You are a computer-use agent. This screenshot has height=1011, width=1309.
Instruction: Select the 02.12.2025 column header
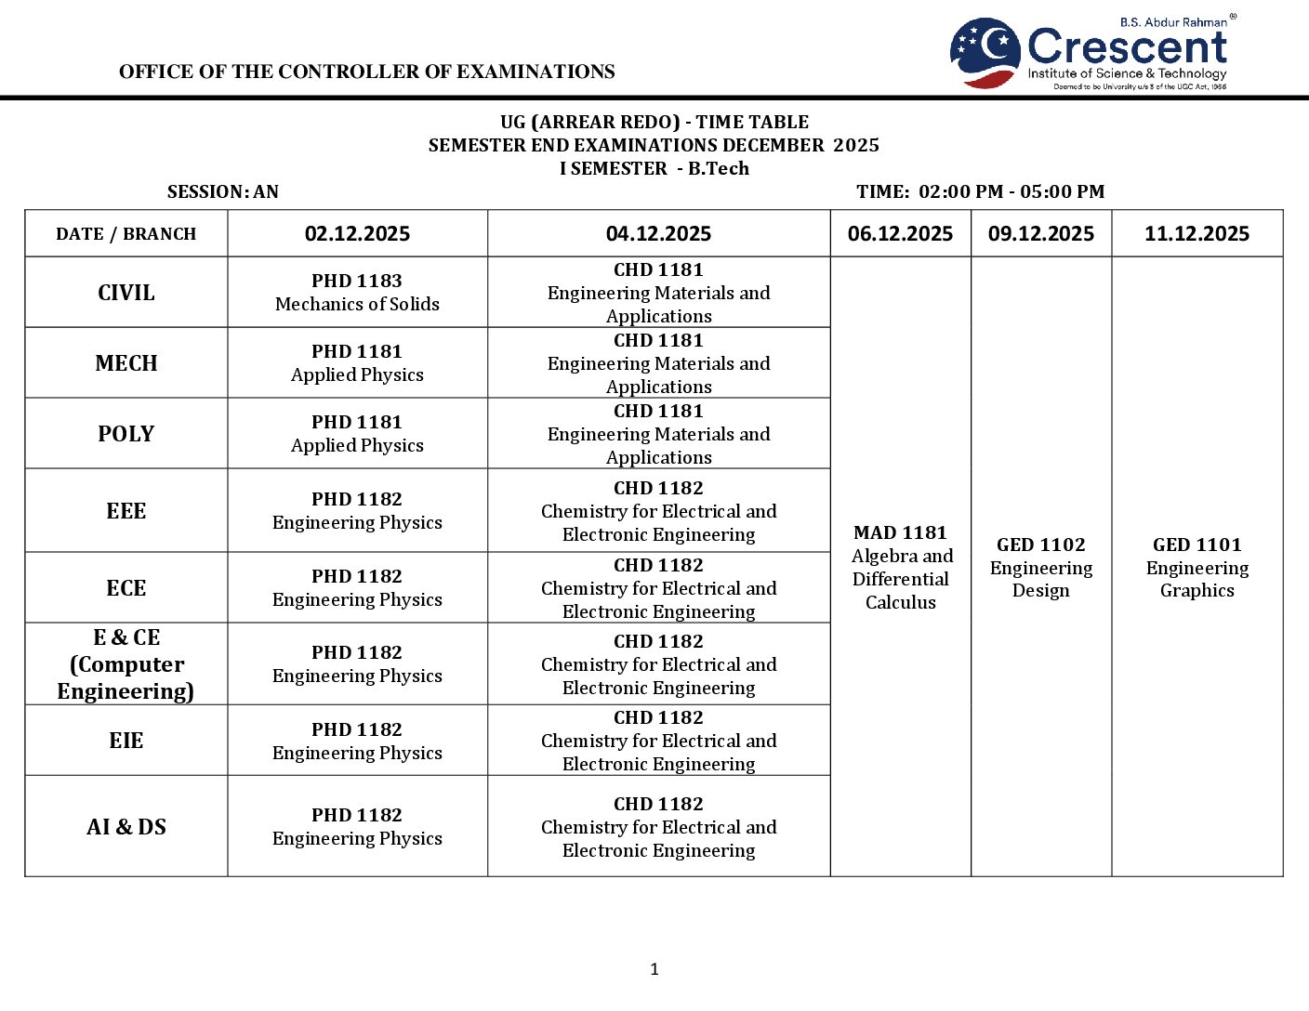357,234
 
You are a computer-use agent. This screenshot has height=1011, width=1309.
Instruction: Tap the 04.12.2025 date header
658,234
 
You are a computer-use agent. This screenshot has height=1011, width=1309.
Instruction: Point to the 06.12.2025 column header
900,234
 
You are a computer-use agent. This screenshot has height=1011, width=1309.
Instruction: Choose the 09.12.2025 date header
1041,234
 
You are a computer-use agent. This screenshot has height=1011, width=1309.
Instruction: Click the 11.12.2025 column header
1197,234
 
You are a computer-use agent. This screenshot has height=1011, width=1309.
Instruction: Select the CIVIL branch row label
126,293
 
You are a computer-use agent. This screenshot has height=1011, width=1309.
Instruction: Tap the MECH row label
126,363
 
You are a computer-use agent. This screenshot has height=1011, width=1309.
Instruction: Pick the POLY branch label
126,434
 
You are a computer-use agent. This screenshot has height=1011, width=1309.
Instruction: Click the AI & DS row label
126,827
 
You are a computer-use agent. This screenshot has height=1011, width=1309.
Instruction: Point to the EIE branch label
126,741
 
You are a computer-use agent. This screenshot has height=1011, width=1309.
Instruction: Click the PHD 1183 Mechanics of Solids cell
357,293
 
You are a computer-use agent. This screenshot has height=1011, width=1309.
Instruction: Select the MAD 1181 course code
900,532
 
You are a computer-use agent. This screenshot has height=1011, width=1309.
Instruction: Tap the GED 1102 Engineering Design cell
1041,567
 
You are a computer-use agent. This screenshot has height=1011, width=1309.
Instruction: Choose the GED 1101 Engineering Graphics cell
1197,567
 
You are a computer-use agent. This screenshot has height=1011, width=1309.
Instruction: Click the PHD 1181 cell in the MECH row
357,363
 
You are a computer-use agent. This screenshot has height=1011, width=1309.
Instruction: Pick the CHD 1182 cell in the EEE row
658,511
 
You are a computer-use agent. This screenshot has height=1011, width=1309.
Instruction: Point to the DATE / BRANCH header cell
126,234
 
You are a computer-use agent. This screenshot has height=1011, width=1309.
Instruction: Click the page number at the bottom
654,969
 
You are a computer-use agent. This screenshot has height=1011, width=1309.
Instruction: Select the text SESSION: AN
223,192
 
